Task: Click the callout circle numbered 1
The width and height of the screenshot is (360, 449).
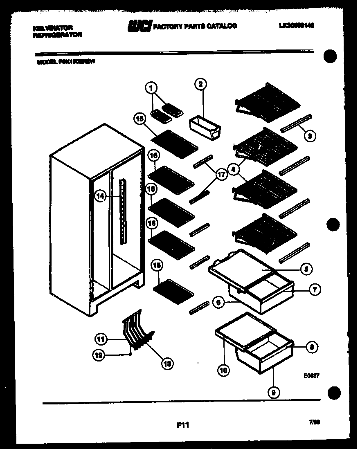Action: pos(151,87)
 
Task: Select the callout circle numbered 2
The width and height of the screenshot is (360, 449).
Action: pos(200,85)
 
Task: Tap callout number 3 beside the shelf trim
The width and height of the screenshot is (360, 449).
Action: pos(310,136)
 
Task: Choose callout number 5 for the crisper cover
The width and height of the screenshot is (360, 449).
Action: pos(306,269)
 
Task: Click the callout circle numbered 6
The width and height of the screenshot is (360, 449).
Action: pos(219,302)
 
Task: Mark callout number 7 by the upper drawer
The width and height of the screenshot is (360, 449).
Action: pos(314,290)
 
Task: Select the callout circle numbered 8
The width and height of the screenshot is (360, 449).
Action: pos(312,347)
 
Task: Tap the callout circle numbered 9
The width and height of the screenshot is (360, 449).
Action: pos(273,393)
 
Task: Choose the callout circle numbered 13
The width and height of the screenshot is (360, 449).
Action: pos(167,362)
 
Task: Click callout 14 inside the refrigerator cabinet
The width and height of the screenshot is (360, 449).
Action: pos(100,196)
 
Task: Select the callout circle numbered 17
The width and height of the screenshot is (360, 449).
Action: pos(221,175)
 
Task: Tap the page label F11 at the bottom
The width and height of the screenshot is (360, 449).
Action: pos(182,425)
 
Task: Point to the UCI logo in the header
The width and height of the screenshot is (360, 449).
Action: pos(139,26)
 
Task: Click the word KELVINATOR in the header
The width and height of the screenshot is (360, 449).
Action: pos(52,28)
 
